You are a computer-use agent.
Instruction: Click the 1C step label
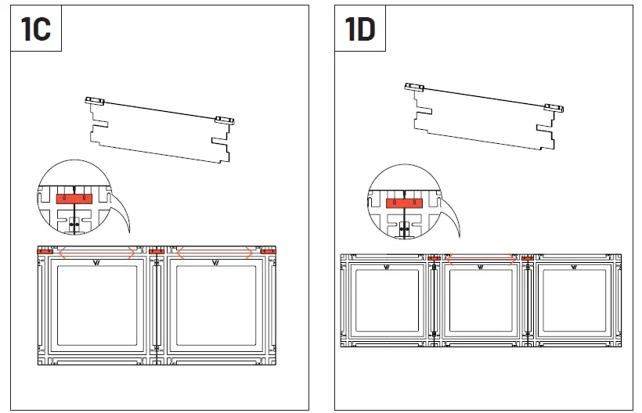click(x=35, y=31)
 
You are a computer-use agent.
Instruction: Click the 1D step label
click(x=360, y=31)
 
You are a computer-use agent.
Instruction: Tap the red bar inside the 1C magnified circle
click(x=75, y=199)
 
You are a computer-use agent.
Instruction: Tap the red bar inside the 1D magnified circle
click(x=404, y=203)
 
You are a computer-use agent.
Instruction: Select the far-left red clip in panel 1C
click(x=45, y=252)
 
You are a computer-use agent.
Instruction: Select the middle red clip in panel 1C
click(x=157, y=252)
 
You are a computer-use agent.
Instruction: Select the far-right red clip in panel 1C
click(x=269, y=252)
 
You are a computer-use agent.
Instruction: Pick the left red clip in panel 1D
click(x=435, y=258)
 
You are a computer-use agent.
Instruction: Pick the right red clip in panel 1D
click(x=528, y=258)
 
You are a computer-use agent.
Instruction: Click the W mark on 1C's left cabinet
click(x=96, y=263)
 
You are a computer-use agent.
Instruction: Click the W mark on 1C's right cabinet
click(x=215, y=263)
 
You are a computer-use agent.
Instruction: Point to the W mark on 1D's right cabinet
click(x=574, y=268)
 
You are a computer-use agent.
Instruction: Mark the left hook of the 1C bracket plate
click(x=96, y=101)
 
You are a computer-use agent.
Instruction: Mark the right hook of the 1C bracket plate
click(x=224, y=120)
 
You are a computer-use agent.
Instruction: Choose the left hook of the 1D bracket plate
click(x=414, y=87)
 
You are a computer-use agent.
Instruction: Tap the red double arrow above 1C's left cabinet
click(x=96, y=252)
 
